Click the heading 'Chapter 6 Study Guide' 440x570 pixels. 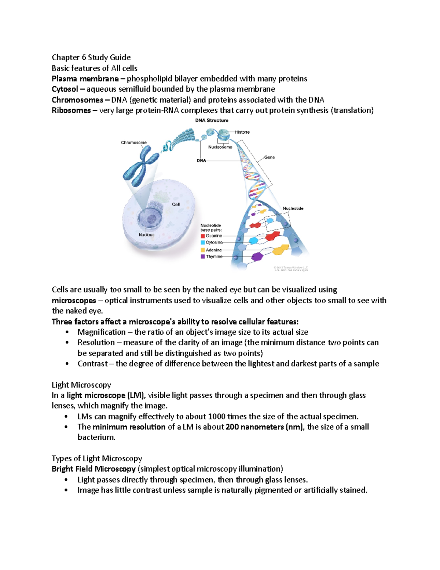click(x=91, y=57)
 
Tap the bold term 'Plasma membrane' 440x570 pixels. click(x=85, y=79)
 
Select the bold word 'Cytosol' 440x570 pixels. click(x=65, y=89)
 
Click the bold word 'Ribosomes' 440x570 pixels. click(x=71, y=110)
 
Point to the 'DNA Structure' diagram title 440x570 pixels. click(x=212, y=120)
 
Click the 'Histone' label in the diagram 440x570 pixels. click(x=242, y=132)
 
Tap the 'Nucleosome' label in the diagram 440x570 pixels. click(x=220, y=147)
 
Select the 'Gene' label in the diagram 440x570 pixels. click(x=269, y=157)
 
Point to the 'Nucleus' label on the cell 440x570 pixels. click(x=147, y=235)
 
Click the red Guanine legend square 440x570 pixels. click(x=203, y=236)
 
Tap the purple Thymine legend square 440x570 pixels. click(x=203, y=257)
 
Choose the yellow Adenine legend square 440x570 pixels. click(x=203, y=250)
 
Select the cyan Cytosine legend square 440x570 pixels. click(x=203, y=243)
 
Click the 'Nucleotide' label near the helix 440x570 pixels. click(x=293, y=208)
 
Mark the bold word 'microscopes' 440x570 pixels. click(x=74, y=301)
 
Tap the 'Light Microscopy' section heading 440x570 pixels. click(x=81, y=385)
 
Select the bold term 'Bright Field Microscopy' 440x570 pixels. click(x=93, y=469)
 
